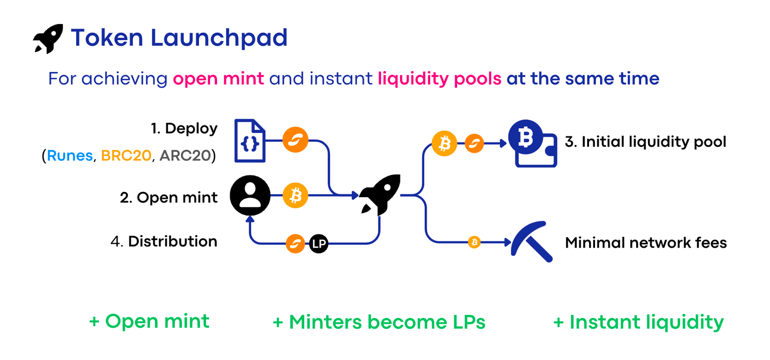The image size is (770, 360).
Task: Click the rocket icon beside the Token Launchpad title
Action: pos(48,38)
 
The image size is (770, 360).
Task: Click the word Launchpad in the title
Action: pos(219,38)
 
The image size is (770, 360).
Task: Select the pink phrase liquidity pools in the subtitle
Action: pos(439,79)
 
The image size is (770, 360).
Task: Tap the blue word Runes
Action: pos(70,156)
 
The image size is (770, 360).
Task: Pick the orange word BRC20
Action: pos(126,156)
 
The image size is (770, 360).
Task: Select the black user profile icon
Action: pos(250,196)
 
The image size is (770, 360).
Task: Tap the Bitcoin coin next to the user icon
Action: pos(295,196)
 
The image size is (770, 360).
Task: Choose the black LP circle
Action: pos(318,244)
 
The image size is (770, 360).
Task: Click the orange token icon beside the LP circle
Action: pos(296,244)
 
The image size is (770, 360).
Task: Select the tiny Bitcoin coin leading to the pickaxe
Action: pos(474,243)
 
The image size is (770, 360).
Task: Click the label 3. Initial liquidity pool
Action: pos(645,142)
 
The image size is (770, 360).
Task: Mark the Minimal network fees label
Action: pos(646,243)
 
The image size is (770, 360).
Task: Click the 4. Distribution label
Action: pos(164,242)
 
